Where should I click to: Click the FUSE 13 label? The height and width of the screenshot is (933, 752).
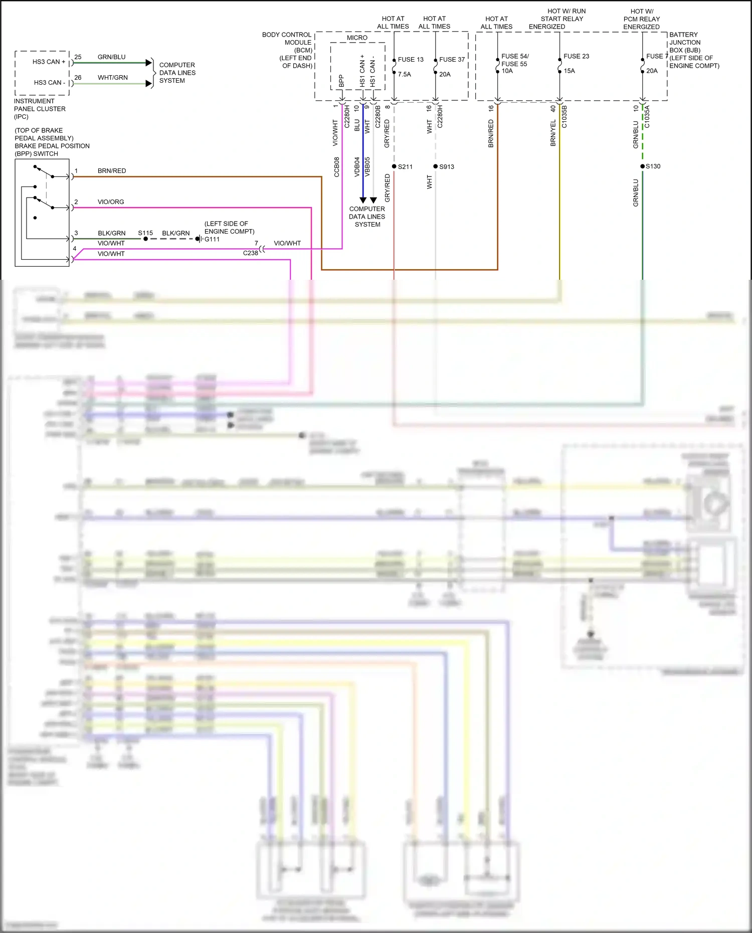tap(410, 59)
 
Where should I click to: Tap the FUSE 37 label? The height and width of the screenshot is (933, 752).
tap(452, 59)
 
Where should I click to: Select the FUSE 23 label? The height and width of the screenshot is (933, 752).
tap(576, 56)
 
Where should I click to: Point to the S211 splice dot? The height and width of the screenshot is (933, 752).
tap(394, 166)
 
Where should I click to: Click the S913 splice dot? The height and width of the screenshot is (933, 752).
tap(436, 166)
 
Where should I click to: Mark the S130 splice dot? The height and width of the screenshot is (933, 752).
tap(642, 166)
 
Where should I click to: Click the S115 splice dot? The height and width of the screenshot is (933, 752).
tap(145, 239)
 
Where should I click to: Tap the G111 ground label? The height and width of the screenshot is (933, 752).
tap(212, 239)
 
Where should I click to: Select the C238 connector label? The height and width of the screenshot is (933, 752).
tap(250, 253)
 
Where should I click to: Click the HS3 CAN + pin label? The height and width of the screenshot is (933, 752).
tap(49, 62)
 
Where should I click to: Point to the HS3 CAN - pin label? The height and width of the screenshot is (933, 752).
tap(49, 82)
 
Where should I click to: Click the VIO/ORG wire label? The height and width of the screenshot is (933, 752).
tap(111, 202)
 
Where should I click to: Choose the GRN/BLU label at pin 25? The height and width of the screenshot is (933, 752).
tap(111, 57)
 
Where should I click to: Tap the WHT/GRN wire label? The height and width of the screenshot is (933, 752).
tap(112, 77)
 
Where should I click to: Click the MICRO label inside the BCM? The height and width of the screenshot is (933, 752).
tap(357, 38)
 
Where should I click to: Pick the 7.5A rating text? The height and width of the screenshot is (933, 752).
tap(404, 74)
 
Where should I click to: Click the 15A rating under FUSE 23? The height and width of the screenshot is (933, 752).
tap(569, 71)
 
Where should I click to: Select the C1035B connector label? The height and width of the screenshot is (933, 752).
tap(564, 117)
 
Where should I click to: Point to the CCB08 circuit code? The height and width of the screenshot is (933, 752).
tap(337, 167)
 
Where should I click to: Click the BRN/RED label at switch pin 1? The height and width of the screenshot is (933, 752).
tap(111, 170)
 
